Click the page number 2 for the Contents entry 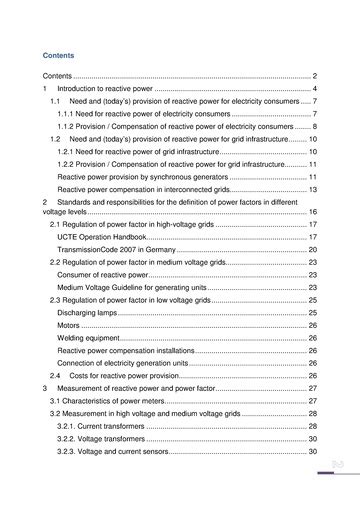314,76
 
